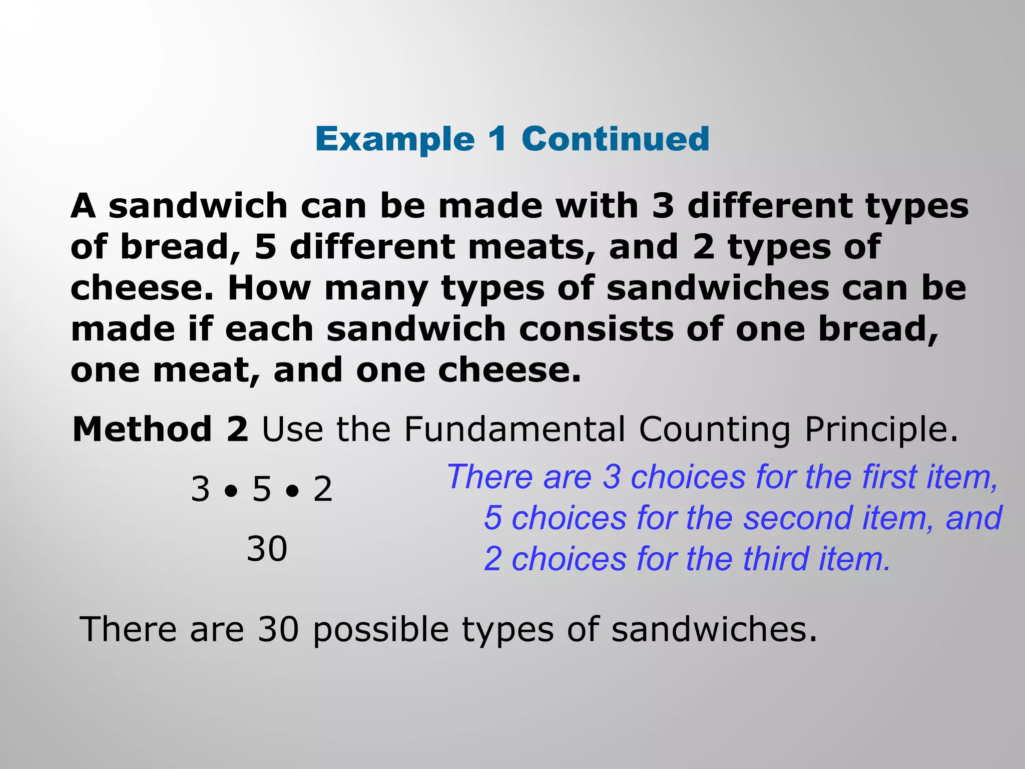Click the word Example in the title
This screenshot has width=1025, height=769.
click(395, 139)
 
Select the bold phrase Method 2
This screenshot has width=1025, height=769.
click(160, 430)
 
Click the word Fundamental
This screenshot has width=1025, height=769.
click(515, 430)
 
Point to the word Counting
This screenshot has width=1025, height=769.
click(715, 430)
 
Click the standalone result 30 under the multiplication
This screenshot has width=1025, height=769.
click(267, 549)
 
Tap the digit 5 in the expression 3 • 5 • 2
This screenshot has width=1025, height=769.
click(261, 489)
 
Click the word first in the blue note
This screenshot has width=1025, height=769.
click(889, 477)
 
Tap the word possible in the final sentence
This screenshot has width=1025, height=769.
click(380, 630)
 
